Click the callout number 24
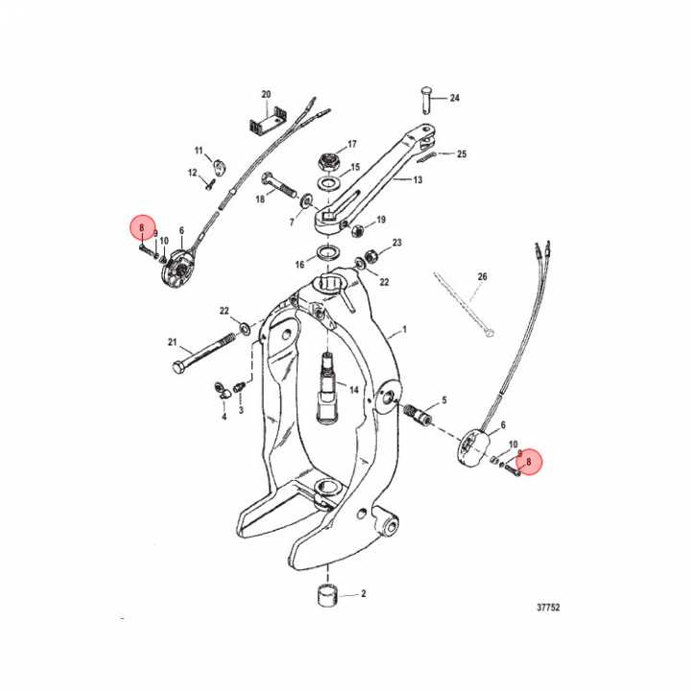pos(454,98)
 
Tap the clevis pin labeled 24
pos(426,99)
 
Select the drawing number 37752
pos(548,608)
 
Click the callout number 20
pos(266,94)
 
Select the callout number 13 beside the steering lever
pos(417,179)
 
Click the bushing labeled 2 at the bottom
pos(327,595)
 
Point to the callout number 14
pos(354,390)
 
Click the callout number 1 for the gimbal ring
pos(405,329)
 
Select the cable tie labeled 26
pos(464,305)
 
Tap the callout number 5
pos(444,400)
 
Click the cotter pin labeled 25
pos(426,156)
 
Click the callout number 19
pos(381,220)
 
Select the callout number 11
pos(199,151)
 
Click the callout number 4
pos(224,417)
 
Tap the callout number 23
pos(397,243)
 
